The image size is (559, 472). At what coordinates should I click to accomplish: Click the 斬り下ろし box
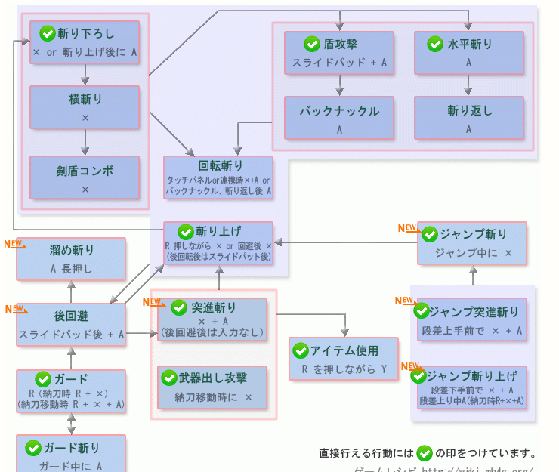pyautogui.click(x=85, y=42)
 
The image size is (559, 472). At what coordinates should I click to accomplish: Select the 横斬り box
pyautogui.click(x=85, y=107)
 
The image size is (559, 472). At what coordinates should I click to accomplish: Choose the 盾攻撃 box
pyautogui.click(x=339, y=53)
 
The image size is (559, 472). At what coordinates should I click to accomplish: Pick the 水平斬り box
pyautogui.click(x=468, y=53)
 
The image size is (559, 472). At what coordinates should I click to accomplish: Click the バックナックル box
pyautogui.click(x=339, y=119)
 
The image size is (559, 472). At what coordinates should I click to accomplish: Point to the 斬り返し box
pyautogui.click(x=468, y=119)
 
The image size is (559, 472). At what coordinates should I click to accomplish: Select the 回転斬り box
pyautogui.click(x=218, y=178)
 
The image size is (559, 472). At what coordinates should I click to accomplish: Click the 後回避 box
pyautogui.click(x=71, y=325)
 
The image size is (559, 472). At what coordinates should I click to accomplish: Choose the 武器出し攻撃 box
pyautogui.click(x=212, y=387)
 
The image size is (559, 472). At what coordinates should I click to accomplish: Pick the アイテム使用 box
pyautogui.click(x=344, y=359)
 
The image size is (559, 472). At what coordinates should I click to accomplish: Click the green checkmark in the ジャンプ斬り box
pyautogui.click(x=431, y=234)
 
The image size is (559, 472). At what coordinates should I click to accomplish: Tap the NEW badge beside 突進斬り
pyautogui.click(x=153, y=303)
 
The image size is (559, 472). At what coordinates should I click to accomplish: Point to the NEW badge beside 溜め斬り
pyautogui.click(x=14, y=245)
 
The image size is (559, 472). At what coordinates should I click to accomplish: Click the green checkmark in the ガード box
pyautogui.click(x=44, y=379)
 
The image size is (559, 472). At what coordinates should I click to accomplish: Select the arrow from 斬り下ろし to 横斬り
pyautogui.click(x=85, y=75)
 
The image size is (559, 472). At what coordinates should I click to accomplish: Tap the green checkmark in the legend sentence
pyautogui.click(x=424, y=453)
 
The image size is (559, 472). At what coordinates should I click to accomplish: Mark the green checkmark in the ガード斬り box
pyautogui.click(x=32, y=448)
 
